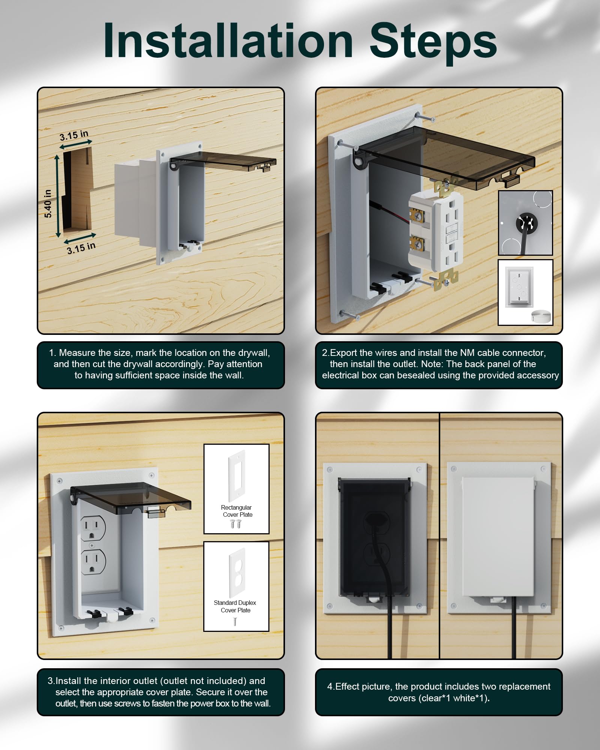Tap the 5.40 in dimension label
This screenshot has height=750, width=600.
coord(48,204)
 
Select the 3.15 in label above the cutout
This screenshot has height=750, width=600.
coord(74,135)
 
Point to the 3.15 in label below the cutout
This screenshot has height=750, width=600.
coord(81,248)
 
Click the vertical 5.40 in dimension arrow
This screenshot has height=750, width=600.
coord(57,196)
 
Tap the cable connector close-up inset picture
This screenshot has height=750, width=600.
coord(525,223)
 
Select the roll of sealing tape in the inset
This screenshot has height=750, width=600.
coord(541,316)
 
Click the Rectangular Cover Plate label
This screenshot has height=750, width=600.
coord(237,511)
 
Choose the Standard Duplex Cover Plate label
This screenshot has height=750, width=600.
coord(235,606)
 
